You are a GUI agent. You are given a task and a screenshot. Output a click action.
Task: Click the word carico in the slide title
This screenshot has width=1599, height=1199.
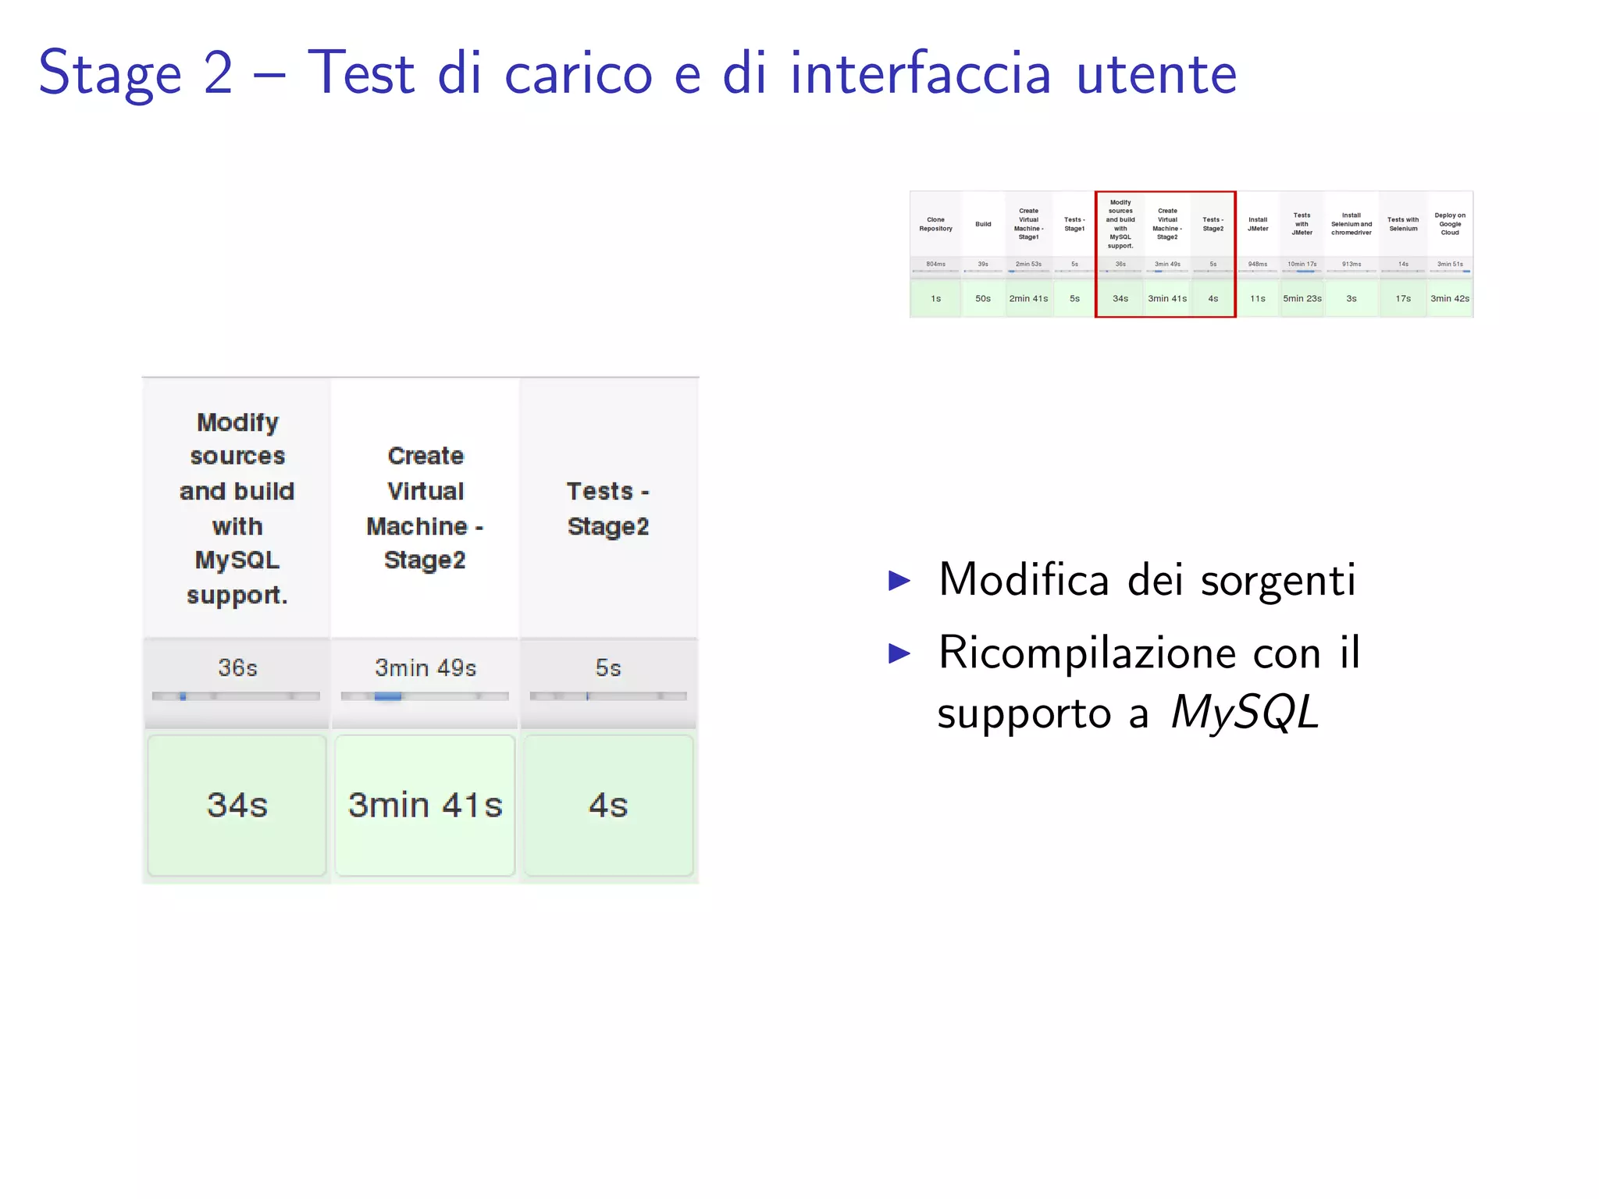578,74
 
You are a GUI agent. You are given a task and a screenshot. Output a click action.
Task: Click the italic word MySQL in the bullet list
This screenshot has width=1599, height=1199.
1245,713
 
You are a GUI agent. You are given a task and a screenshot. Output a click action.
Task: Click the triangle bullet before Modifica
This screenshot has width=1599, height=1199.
899,581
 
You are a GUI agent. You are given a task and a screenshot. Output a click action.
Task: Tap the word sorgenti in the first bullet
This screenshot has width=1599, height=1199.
1277,581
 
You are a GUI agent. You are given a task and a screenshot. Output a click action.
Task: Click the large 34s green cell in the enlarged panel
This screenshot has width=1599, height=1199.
237,805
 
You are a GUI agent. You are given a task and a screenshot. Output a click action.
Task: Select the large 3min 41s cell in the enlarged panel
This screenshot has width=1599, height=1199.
425,805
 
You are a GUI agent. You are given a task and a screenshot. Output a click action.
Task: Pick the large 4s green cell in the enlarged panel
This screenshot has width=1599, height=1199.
608,805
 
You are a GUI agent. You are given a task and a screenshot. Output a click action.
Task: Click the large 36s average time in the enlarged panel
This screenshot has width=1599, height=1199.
237,668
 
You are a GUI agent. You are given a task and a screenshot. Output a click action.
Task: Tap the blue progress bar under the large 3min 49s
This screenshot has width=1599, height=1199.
388,696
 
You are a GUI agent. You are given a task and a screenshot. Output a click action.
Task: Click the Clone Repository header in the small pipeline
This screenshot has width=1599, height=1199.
935,224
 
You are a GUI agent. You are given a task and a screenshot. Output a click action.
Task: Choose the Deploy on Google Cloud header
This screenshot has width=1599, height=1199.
1450,224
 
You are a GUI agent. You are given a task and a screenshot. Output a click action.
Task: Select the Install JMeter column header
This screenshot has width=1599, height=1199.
1258,224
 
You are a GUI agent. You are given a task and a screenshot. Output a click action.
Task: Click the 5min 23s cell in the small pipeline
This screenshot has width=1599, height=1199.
1302,299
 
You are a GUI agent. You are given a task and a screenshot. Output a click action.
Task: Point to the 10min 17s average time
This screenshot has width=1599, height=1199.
1302,264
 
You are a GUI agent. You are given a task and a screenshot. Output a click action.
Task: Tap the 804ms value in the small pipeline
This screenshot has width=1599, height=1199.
935,264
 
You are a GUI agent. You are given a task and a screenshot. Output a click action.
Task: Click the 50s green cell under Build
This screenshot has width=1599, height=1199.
983,299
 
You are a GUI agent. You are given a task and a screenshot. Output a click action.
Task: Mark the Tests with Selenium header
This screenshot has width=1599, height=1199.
1403,224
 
